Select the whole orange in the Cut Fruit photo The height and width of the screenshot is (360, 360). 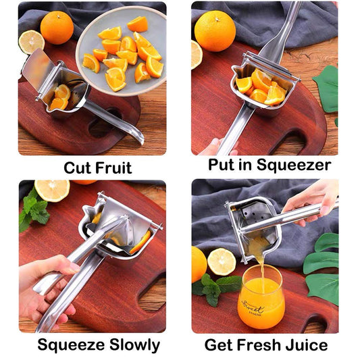[x=57, y=28]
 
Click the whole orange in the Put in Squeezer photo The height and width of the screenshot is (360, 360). [x=215, y=30]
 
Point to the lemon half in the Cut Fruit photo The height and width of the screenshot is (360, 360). [x=31, y=42]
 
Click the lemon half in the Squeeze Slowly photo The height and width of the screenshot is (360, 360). [x=52, y=190]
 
